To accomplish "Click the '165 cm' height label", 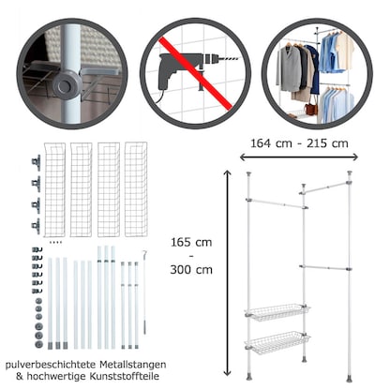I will click(x=191, y=242).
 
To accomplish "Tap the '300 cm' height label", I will click(x=191, y=270).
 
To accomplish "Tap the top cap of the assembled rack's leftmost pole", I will click(x=249, y=174).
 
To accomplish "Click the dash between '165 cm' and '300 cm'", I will click(x=191, y=256).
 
